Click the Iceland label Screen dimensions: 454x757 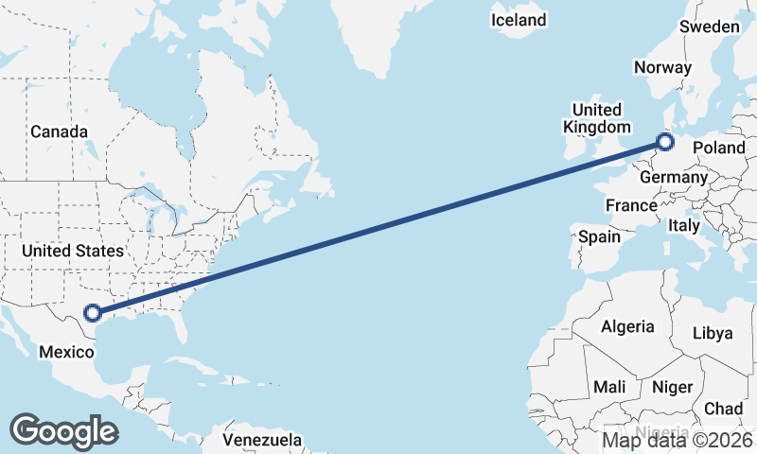(x=519, y=20)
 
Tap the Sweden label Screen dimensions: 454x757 (x=709, y=26)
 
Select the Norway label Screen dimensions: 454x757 (x=662, y=67)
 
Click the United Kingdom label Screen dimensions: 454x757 (x=596, y=118)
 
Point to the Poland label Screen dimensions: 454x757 (x=719, y=148)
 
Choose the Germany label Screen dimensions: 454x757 (x=674, y=177)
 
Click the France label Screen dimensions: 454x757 (x=631, y=205)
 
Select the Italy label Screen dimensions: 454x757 (x=683, y=226)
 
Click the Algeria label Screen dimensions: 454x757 (x=627, y=326)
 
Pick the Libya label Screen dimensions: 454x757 (x=713, y=333)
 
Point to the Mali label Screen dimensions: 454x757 (x=609, y=388)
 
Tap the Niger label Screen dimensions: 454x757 (x=672, y=388)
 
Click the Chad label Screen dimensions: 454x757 (x=723, y=409)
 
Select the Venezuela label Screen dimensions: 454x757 (x=262, y=440)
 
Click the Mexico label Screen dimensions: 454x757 (x=66, y=352)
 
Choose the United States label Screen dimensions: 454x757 (x=73, y=251)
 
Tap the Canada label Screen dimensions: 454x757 (x=59, y=131)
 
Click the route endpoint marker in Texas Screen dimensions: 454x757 (x=93, y=313)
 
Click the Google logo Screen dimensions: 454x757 (x=63, y=430)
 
